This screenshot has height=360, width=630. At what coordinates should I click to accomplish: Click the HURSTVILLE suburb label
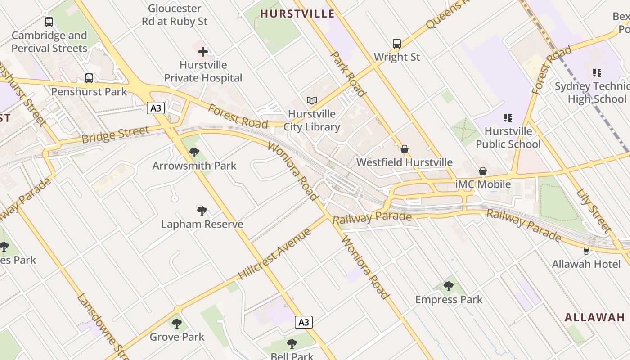(297, 14)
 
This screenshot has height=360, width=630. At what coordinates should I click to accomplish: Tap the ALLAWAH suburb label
(595, 317)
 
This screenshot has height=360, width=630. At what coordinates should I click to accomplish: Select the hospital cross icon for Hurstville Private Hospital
(203, 52)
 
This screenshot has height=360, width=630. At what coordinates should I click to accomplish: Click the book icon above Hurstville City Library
(312, 100)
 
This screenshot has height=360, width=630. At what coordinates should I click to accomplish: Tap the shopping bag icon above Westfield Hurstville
(404, 149)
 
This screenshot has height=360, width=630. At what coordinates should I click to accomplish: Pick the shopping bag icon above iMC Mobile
(483, 171)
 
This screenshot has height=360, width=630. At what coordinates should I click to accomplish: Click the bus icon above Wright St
(396, 44)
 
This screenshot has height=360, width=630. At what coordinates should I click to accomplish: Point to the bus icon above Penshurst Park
(89, 78)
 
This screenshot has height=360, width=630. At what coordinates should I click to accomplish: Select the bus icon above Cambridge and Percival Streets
(49, 22)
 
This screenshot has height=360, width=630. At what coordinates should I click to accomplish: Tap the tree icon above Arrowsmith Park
(194, 152)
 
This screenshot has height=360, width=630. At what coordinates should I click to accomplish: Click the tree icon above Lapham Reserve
(202, 211)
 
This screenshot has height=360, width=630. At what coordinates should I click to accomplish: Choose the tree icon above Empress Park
(448, 286)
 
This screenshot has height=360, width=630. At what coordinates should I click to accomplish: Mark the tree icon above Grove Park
(177, 323)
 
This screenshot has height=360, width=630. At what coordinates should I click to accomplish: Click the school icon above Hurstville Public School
(508, 118)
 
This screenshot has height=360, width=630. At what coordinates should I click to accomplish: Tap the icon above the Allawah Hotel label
(586, 250)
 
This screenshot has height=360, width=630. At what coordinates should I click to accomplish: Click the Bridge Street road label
(115, 134)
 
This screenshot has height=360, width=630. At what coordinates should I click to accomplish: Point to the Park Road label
(347, 73)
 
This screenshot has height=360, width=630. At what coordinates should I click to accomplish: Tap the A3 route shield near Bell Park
(304, 322)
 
